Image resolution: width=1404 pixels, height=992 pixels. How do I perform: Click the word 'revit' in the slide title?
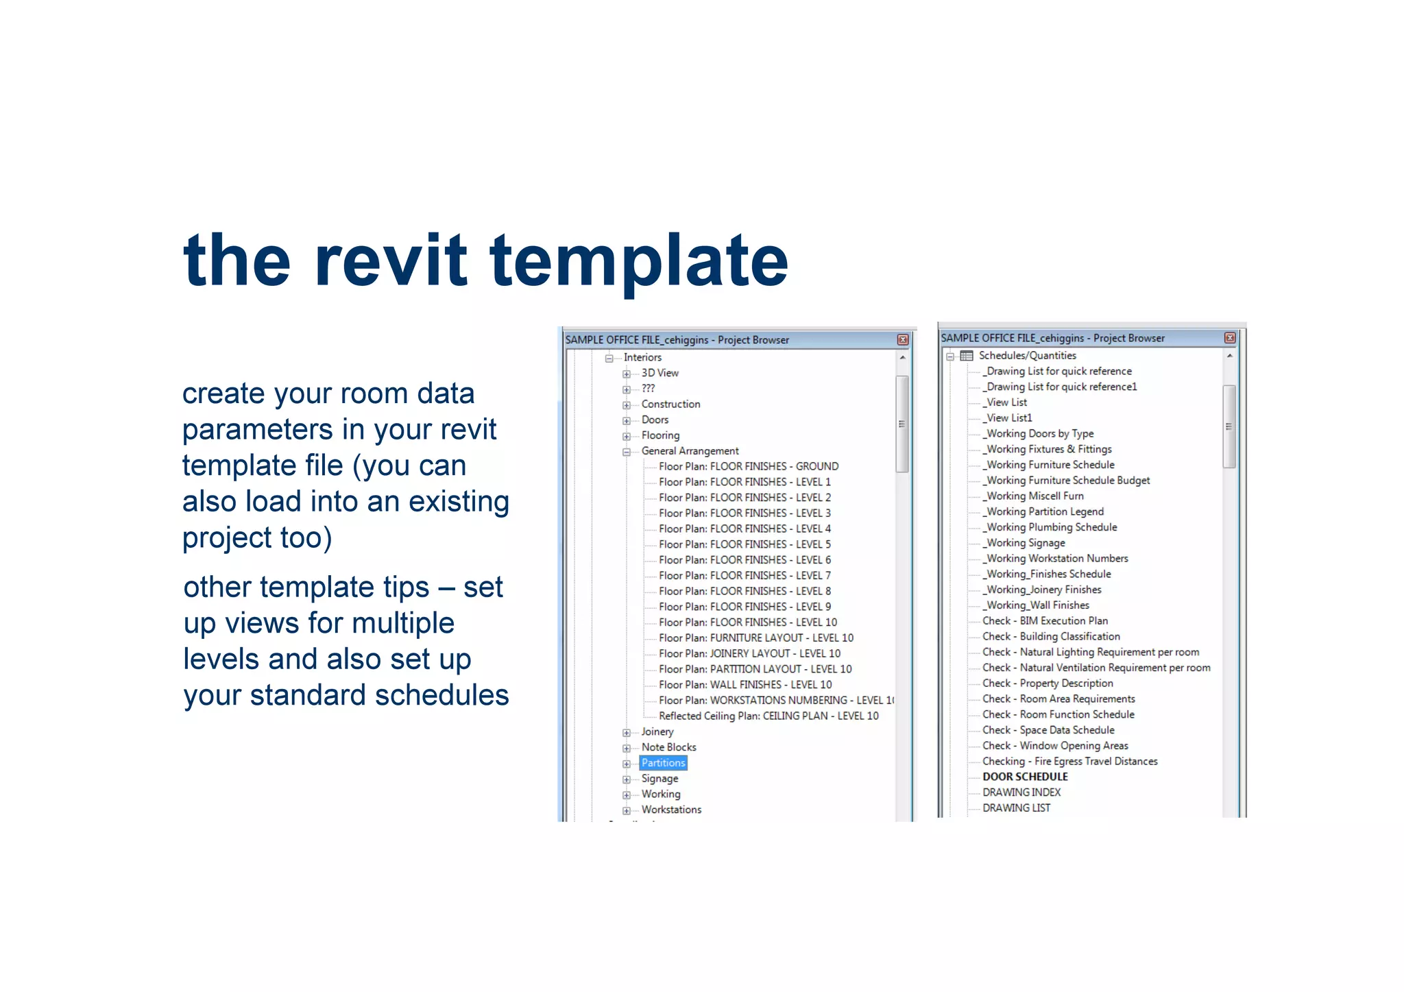(391, 261)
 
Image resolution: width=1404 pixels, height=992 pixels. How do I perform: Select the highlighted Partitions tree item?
(663, 763)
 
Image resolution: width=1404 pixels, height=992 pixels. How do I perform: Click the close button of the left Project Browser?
(903, 340)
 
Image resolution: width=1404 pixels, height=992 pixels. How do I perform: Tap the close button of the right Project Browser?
(1230, 338)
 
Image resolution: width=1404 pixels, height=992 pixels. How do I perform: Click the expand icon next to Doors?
(626, 421)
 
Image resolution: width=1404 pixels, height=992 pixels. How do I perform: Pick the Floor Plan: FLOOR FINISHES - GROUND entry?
(748, 466)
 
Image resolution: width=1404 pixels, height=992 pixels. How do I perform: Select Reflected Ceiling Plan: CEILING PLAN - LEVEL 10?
(768, 716)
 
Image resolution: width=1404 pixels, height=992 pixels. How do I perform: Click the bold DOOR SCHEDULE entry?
(1025, 777)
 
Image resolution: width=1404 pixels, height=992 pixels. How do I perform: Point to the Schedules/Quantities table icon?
(967, 356)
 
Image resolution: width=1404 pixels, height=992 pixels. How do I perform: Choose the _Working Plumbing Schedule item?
(1051, 527)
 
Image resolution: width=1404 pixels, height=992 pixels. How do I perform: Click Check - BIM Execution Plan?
(1045, 621)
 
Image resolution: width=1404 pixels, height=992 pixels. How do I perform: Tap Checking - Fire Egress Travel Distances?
(1069, 761)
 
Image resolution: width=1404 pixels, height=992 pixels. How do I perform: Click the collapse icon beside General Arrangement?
(626, 452)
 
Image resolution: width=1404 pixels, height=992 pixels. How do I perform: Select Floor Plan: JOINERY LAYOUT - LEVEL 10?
(749, 653)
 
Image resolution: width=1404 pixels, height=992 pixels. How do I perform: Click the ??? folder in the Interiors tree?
(648, 389)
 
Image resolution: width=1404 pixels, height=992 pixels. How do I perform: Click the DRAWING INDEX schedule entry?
(1021, 793)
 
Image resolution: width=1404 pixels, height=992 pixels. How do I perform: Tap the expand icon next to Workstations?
(626, 811)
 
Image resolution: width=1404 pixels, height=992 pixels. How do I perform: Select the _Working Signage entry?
(1025, 543)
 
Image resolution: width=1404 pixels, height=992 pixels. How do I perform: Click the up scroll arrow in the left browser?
(902, 358)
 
